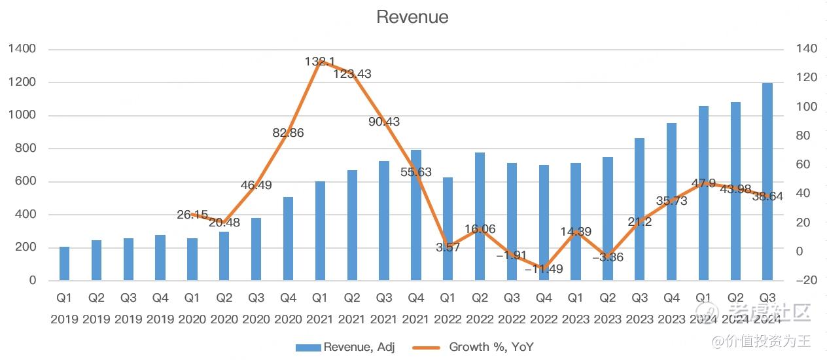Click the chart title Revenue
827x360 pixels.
point(412,17)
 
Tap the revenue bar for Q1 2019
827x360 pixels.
point(64,264)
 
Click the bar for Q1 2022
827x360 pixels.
point(448,229)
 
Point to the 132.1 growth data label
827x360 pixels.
point(321,62)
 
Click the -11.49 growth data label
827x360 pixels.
point(544,268)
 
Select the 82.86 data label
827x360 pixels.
point(288,133)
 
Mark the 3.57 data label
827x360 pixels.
point(448,247)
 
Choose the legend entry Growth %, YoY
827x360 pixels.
point(474,347)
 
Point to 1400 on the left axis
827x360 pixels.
point(22,49)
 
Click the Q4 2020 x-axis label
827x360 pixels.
point(288,308)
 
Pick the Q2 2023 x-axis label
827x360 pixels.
point(608,308)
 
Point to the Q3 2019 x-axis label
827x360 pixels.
point(128,308)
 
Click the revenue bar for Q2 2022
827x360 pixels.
point(480,217)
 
